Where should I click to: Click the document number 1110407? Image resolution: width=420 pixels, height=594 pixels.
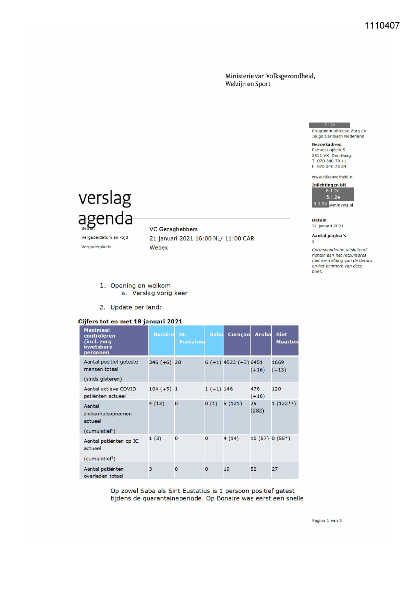382,26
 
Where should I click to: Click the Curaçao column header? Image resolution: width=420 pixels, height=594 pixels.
239,335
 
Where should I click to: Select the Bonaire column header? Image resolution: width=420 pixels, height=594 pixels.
163,335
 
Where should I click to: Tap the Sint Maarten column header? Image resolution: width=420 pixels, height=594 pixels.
287,338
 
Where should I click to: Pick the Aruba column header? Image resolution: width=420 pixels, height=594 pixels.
263,335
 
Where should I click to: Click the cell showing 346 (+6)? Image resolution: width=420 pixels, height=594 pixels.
160,362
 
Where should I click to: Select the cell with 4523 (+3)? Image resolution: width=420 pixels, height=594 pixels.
236,362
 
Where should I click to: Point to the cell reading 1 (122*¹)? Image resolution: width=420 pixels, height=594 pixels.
284,404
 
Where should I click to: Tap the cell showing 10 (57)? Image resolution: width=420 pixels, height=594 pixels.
259,439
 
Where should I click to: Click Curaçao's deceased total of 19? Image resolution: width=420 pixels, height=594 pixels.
226,469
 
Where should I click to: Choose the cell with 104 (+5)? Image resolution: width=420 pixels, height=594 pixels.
160,389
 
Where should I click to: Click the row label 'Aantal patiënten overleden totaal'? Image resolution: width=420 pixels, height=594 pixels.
104,472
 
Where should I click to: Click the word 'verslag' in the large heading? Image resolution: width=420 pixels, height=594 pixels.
105,198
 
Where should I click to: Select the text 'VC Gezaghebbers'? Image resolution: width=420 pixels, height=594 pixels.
173,229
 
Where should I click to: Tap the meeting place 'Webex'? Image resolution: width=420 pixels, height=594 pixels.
158,248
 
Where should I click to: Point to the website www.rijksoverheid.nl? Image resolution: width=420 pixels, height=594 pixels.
332,177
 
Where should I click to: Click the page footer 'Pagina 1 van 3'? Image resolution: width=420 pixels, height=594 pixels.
327,521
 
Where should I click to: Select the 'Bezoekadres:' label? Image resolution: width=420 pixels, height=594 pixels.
327,145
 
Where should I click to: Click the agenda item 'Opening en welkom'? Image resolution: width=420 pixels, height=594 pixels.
140,286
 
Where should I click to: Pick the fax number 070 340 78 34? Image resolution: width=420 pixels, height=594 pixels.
331,167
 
